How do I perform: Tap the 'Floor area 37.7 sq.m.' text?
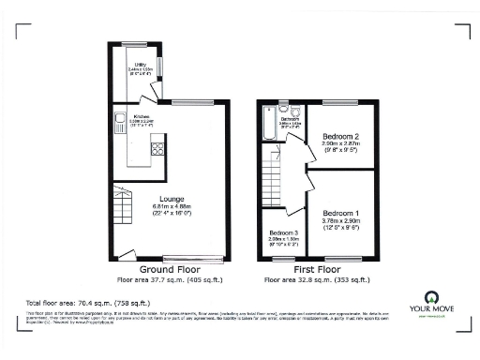[x=163, y=279]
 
